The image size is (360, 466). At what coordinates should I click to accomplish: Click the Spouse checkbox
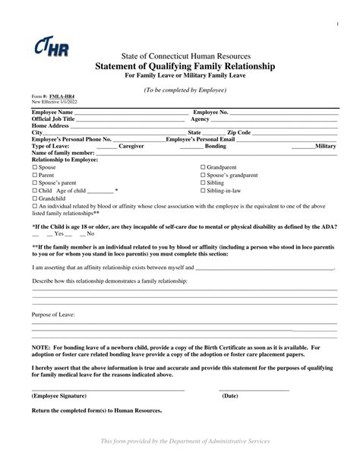(33, 166)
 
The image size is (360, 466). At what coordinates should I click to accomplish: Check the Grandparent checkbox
(203, 166)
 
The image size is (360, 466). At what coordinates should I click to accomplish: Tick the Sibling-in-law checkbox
(203, 191)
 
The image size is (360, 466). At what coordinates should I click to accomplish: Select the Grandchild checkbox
(33, 198)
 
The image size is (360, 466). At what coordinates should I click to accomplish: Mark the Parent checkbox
(33, 175)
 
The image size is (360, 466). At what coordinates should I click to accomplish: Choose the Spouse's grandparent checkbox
(203, 175)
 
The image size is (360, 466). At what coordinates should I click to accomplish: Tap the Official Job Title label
(53, 119)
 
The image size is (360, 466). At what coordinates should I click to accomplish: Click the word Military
(325, 145)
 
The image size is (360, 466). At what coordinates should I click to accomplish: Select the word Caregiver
(131, 145)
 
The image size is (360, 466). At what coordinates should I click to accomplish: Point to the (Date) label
(230, 395)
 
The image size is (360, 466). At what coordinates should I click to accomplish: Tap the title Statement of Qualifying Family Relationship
(180, 67)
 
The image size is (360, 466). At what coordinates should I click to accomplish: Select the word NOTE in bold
(40, 347)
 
